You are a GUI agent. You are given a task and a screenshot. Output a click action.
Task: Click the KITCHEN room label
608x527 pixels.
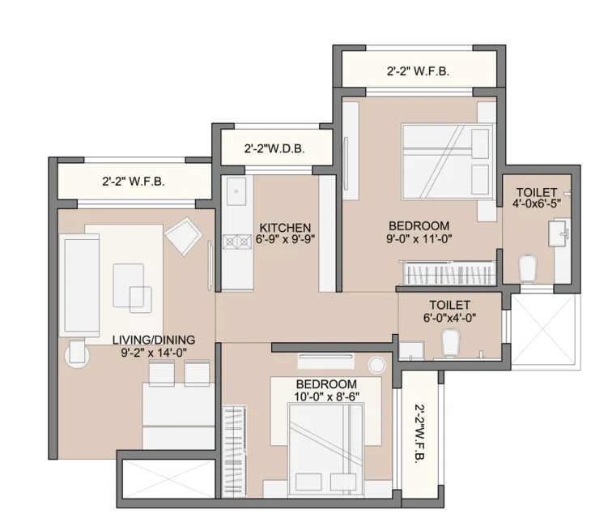coord(285,227)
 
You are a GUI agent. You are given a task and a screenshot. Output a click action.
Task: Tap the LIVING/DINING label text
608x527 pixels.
coord(153,339)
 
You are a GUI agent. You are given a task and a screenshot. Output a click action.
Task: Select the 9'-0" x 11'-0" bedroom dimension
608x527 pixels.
coord(419,239)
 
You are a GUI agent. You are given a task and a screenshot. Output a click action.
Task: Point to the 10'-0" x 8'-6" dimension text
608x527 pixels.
coord(327,396)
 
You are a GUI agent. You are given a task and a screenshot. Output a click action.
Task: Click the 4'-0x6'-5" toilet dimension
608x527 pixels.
coord(537,205)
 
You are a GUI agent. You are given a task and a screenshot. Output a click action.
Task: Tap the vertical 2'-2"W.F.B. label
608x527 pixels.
coord(421,435)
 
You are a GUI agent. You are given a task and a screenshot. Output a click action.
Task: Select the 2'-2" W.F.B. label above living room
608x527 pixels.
coord(134,182)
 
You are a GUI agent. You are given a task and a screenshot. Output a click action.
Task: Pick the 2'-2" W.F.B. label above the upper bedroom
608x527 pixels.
coord(418,71)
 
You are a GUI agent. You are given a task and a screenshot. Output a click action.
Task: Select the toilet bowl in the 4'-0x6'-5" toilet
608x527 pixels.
coord(527,267)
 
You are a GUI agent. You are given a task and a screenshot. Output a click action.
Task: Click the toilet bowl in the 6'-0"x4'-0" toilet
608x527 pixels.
coord(450,347)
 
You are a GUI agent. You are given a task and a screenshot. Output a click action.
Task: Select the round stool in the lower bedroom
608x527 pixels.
coord(376,364)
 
